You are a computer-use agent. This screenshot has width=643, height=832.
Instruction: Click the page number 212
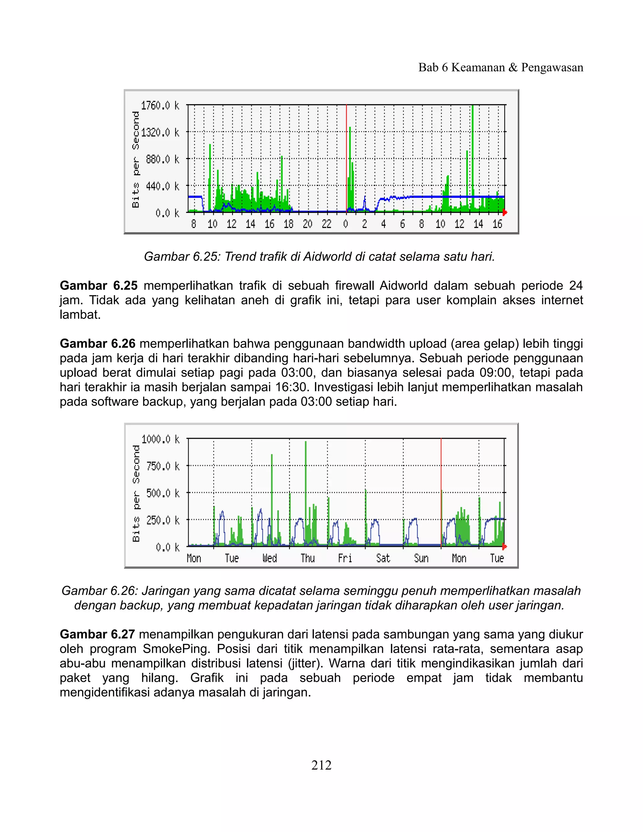coord(321,765)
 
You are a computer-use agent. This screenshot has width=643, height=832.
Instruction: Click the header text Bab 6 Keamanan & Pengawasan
coord(500,68)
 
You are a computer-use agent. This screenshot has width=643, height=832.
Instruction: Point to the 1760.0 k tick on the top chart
coord(160,105)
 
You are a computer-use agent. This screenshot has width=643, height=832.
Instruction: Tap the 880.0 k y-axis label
coord(162,159)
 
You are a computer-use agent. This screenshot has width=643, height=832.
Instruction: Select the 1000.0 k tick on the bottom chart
coord(160,439)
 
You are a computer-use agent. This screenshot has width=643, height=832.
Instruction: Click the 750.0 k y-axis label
coord(163,466)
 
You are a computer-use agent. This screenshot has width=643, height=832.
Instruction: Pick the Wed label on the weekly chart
coord(269,559)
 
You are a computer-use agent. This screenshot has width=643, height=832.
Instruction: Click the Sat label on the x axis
coord(383,559)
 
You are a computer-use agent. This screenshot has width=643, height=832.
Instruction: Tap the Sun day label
coord(421,559)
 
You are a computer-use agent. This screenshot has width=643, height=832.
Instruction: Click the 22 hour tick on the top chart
coord(327,224)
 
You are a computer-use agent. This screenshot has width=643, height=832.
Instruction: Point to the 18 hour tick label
coord(288,224)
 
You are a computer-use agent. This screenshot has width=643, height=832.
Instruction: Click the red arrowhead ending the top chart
coord(505,212)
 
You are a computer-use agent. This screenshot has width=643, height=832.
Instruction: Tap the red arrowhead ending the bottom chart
coord(505,547)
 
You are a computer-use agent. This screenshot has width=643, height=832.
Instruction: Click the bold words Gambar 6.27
coord(97,634)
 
